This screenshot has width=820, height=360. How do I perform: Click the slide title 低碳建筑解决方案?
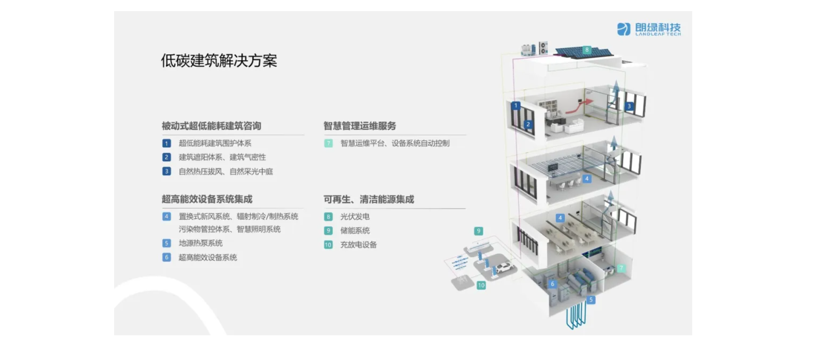[x=219, y=61]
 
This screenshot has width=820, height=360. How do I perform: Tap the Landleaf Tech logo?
[x=649, y=29]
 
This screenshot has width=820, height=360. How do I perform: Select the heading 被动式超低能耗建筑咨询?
[x=211, y=126]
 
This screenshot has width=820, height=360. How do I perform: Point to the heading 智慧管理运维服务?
[x=360, y=126]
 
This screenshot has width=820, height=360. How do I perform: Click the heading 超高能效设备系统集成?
[x=207, y=199]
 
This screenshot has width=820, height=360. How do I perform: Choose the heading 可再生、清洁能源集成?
[x=369, y=199]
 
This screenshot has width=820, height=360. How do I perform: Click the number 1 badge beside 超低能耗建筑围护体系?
[x=167, y=143]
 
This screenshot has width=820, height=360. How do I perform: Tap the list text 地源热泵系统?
[x=201, y=243]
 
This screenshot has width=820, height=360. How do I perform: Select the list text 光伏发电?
[x=355, y=217]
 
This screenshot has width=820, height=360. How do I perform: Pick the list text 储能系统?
[x=355, y=231]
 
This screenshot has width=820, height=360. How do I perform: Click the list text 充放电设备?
[x=358, y=245]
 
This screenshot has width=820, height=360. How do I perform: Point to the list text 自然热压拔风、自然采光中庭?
[x=226, y=172]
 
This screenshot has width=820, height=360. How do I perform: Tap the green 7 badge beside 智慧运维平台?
[x=328, y=143]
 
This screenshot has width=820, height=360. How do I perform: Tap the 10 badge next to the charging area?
[x=481, y=285]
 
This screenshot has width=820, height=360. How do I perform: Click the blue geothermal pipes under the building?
[x=576, y=315]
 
